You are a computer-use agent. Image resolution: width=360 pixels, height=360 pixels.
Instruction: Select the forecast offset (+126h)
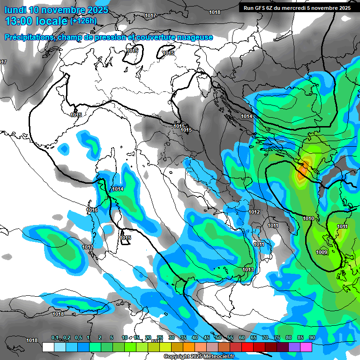[x=83, y=21]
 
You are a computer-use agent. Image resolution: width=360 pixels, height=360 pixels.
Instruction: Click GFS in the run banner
[x=262, y=8]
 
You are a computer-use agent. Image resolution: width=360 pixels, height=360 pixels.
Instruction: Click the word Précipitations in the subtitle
[x=30, y=37]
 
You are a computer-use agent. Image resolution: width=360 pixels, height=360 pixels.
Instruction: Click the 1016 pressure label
[x=92, y=210]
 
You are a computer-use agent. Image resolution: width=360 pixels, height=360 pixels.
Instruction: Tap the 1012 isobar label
[x=254, y=212]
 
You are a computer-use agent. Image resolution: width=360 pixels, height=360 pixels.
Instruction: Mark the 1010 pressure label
[x=308, y=219]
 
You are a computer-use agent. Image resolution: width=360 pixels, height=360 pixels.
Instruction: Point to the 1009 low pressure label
[x=322, y=253]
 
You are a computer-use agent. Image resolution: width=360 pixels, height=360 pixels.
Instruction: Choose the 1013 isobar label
[x=248, y=270]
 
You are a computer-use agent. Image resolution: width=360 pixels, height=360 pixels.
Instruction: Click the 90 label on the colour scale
[x=312, y=338]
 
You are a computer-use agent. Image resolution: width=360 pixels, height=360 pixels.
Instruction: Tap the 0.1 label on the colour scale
[x=55, y=338]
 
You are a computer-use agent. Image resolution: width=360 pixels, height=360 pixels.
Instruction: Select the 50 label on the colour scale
[x=218, y=338]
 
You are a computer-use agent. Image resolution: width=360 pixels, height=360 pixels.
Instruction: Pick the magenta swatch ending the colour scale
[x=306, y=347]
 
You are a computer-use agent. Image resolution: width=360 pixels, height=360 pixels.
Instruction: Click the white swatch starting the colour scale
[x=48, y=347]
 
